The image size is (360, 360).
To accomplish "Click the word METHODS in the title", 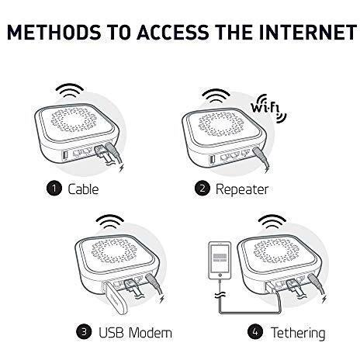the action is [x=54, y=33].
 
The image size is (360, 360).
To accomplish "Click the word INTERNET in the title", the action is [x=307, y=33].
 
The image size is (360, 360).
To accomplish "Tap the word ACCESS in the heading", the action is [x=173, y=33].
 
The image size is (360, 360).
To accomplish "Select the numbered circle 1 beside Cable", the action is [x=54, y=189].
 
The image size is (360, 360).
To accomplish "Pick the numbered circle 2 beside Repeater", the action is [x=202, y=189].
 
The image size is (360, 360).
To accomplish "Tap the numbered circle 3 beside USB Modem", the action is [x=84, y=332].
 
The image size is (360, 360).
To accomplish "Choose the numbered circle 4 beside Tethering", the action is [x=255, y=332].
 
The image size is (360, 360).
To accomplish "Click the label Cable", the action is [x=83, y=189].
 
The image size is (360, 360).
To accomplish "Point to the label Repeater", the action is [x=242, y=190].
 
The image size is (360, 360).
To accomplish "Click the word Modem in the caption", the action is [x=151, y=333].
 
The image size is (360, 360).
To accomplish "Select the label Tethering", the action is [x=298, y=334].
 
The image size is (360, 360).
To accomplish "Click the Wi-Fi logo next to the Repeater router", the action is [x=269, y=109].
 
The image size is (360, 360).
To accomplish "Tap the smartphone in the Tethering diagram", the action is [x=220, y=261].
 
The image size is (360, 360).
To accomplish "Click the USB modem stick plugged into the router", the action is [x=116, y=298].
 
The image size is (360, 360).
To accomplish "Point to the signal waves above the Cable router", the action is [x=70, y=90].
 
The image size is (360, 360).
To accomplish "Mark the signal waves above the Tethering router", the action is [x=272, y=222].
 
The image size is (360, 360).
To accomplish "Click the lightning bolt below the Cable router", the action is [x=122, y=168].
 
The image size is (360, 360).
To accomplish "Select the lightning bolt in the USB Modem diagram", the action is [x=162, y=299].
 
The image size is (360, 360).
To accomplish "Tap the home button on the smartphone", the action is [x=220, y=275].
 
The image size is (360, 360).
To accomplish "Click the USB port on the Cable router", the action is [x=65, y=155].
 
